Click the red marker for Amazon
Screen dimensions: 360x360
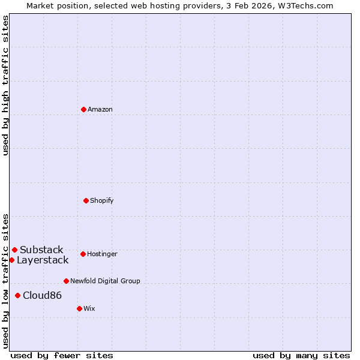click(83, 109)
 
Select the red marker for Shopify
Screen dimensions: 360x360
click(86, 200)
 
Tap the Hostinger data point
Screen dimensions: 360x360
click(83, 254)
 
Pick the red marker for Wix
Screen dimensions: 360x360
click(79, 308)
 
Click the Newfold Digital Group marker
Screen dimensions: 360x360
click(66, 281)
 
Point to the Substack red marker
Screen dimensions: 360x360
click(14, 250)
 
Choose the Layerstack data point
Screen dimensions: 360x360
click(11, 260)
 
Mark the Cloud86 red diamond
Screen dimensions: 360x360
click(17, 295)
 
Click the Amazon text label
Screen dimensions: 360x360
click(100, 109)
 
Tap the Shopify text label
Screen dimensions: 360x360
click(102, 200)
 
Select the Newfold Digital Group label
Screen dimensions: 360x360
click(105, 281)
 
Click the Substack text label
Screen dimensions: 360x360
click(41, 250)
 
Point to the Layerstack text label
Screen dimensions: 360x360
click(43, 260)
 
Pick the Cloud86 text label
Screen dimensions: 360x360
click(42, 295)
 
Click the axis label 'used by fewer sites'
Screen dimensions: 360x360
click(62, 355)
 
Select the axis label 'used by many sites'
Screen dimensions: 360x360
click(301, 355)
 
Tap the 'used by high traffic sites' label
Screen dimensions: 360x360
click(6, 85)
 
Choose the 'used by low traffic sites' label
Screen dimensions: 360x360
click(6, 280)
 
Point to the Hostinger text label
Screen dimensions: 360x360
click(102, 254)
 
